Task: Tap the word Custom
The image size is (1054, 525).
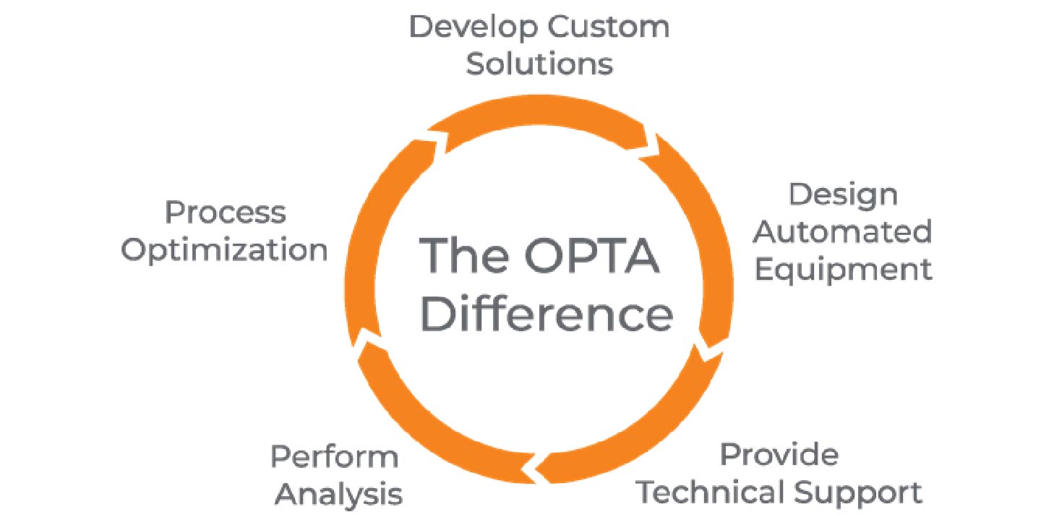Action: pyautogui.click(x=608, y=28)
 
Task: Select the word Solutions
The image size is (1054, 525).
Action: pyautogui.click(x=539, y=64)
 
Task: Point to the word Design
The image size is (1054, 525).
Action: pyautogui.click(x=843, y=196)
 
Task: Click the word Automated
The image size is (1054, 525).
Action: pyautogui.click(x=843, y=232)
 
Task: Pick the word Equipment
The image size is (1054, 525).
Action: pyautogui.click(x=843, y=270)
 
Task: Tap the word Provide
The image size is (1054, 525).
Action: pyautogui.click(x=779, y=455)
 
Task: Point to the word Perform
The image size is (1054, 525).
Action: pyautogui.click(x=334, y=458)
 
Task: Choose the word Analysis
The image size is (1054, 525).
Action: pyautogui.click(x=338, y=495)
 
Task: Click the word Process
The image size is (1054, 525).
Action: pyautogui.click(x=226, y=213)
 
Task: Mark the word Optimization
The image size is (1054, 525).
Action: pyautogui.click(x=224, y=250)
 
